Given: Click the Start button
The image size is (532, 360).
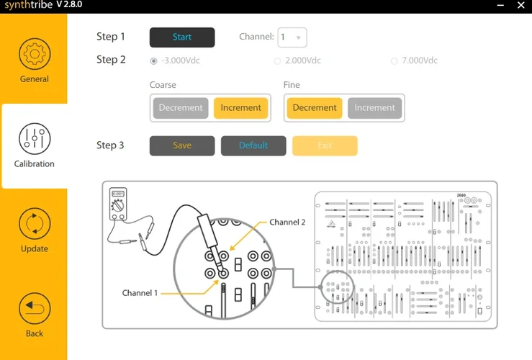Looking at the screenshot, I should pyautogui.click(x=182, y=37).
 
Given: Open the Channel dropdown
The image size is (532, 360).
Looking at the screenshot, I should pyautogui.click(x=292, y=37).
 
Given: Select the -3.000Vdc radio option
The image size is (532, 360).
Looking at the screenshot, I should pyautogui.click(x=153, y=61).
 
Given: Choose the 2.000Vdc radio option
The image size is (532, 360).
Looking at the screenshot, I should pyautogui.click(x=278, y=61).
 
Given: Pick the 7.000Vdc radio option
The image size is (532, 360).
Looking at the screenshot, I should pyautogui.click(x=394, y=61).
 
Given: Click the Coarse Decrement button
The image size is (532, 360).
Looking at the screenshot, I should pyautogui.click(x=181, y=108).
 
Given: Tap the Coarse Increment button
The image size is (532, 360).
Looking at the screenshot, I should pyautogui.click(x=240, y=108).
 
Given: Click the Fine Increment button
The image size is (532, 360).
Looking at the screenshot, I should pyautogui.click(x=374, y=108).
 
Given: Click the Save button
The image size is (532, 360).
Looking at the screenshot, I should pyautogui.click(x=182, y=145).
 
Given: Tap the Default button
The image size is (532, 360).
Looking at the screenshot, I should pyautogui.click(x=253, y=145).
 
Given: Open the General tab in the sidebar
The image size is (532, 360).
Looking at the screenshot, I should pyautogui.click(x=34, y=61).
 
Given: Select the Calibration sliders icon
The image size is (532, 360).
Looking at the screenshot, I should pyautogui.click(x=34, y=139).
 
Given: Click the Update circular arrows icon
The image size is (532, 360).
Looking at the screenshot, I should pyautogui.click(x=34, y=224).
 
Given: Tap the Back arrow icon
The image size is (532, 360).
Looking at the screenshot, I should pyautogui.click(x=34, y=309).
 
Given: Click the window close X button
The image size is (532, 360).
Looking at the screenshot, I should pyautogui.click(x=520, y=5).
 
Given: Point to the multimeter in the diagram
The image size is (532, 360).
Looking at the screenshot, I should pyautogui.click(x=117, y=204).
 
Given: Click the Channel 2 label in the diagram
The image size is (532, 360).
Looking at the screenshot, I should pyautogui.click(x=287, y=222).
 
